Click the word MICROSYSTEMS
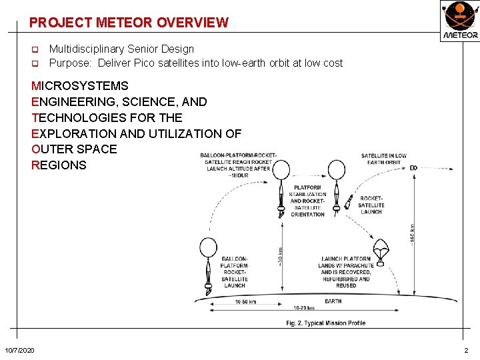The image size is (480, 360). [80, 86]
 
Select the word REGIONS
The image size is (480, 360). [59, 165]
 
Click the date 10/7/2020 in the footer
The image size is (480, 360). [21, 351]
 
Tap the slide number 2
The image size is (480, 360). [466, 351]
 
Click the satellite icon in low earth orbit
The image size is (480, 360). [413, 167]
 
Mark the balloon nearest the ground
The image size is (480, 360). [209, 249]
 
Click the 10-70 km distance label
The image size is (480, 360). [304, 309]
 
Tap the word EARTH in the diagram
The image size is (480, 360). [333, 301]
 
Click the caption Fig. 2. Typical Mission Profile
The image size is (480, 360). [325, 323]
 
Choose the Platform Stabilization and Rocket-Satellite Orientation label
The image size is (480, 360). [307, 201]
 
